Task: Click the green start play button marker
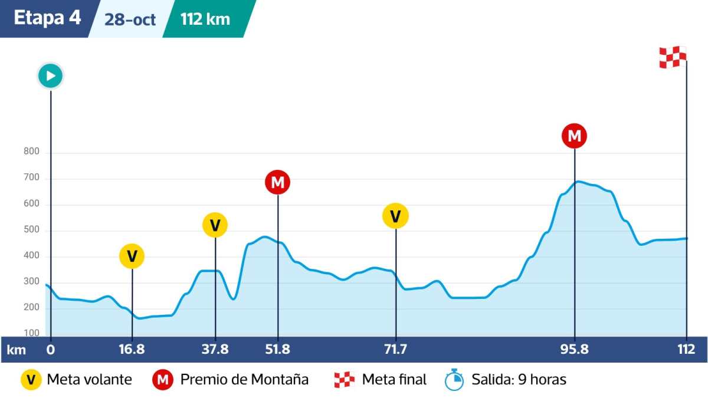pyautogui.click(x=51, y=76)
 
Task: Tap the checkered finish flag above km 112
pyautogui.click(x=673, y=57)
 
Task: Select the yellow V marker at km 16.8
pyautogui.click(x=132, y=256)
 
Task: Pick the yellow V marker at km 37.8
pyautogui.click(x=215, y=225)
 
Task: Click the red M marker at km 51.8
pyautogui.click(x=278, y=182)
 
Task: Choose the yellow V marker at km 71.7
pyautogui.click(x=396, y=216)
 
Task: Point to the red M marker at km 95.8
pyautogui.click(x=575, y=136)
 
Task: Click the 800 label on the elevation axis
pyautogui.click(x=31, y=152)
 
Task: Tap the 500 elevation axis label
pyautogui.click(x=31, y=230)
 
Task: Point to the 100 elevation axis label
pyautogui.click(x=31, y=333)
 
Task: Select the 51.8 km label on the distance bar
pyautogui.click(x=278, y=350)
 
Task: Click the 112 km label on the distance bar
pyautogui.click(x=687, y=350)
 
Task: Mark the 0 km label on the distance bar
pyautogui.click(x=51, y=350)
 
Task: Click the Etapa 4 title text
pyautogui.click(x=47, y=18)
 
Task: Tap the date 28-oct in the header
pyautogui.click(x=130, y=19)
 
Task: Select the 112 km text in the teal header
pyautogui.click(x=205, y=19)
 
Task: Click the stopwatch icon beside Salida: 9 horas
pyautogui.click(x=453, y=380)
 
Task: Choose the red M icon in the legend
pyautogui.click(x=163, y=380)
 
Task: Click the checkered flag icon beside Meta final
pyautogui.click(x=344, y=380)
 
